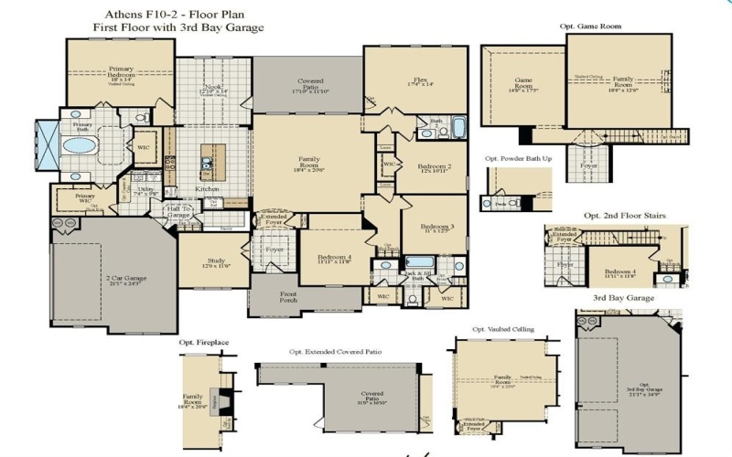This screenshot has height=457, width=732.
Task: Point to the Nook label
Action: click(211, 89)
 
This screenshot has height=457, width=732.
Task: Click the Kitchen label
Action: click(207, 189)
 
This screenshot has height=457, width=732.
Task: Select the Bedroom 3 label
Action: click(437, 228)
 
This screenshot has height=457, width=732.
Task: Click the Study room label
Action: click(216, 262)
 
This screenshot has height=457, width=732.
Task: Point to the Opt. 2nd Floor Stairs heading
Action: click(624, 216)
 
